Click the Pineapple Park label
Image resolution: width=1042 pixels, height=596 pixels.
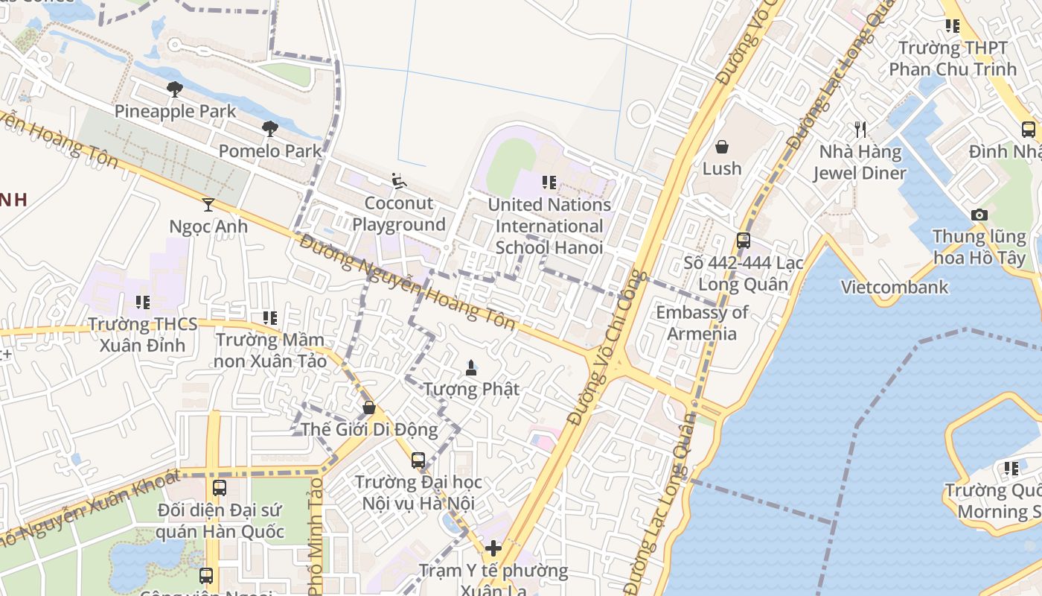175,112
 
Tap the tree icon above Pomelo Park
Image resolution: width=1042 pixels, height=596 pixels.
270,129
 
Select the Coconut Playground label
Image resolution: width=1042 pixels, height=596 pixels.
399,214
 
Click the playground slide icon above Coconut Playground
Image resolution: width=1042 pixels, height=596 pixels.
399,181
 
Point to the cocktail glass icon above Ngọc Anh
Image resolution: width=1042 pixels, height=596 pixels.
208,204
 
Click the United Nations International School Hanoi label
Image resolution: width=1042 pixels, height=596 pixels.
549,226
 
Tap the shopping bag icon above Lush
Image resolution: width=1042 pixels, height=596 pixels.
721,147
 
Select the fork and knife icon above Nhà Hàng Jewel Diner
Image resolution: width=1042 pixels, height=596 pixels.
860,130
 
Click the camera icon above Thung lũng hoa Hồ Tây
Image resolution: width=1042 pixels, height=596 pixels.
979,215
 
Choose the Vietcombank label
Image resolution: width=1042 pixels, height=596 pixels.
895,287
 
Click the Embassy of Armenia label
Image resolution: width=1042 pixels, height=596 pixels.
702,323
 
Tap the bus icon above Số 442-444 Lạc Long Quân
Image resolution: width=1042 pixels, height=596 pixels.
743,241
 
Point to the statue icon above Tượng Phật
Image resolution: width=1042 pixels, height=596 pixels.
470,367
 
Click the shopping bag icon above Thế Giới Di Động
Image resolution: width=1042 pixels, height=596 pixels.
368,408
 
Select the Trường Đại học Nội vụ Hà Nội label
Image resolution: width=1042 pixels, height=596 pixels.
418,492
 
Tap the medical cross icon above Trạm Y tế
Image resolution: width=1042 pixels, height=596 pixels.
493,549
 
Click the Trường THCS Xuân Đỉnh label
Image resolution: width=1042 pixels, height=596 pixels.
143,335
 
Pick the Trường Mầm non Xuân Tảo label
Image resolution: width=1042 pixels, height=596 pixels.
271,350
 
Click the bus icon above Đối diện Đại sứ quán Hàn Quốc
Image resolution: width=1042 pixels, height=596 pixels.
220,488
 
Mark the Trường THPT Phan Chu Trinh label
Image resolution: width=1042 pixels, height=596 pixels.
953,58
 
